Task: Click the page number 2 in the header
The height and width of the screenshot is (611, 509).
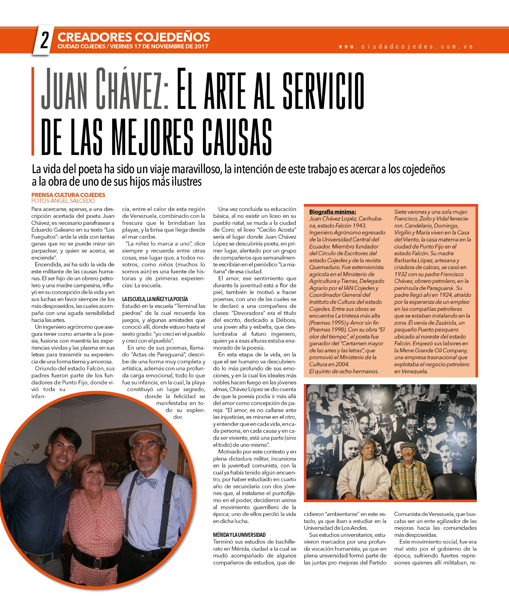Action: point(44,41)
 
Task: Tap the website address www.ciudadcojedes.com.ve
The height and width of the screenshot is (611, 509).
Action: point(406,46)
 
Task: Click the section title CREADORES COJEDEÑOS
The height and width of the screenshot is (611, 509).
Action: point(134,37)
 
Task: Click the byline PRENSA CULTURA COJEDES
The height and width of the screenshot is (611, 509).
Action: point(68,195)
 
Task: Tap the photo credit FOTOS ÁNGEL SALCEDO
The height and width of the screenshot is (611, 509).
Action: point(63,201)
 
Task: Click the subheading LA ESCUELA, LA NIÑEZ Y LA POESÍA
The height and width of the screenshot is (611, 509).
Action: point(155,299)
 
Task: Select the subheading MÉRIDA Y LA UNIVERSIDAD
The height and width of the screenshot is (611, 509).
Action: point(239,535)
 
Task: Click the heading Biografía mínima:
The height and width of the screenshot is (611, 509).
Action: point(333,212)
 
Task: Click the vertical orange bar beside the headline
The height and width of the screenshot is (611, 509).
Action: point(33,111)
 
